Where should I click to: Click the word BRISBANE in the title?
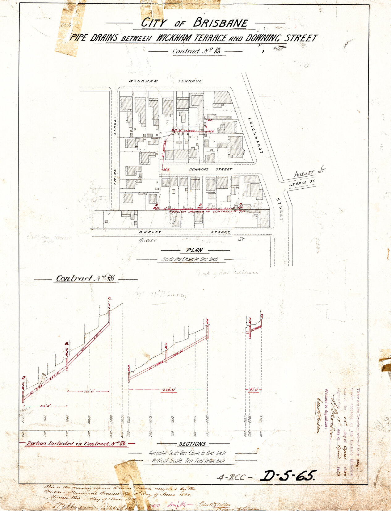[x=221, y=23]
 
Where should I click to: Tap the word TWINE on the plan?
[x=115, y=177]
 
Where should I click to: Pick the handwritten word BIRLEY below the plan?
[x=148, y=240]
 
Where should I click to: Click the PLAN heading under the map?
[x=194, y=250]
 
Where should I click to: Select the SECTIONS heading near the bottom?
[x=192, y=444]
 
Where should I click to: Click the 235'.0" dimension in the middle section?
[x=169, y=390]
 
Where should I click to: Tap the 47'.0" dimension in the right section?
[x=254, y=390]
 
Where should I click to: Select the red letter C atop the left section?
[x=110, y=298]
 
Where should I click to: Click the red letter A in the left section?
[x=23, y=377]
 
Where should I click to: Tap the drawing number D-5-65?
[x=288, y=476]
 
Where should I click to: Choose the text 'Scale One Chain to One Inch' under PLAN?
[x=190, y=259]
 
